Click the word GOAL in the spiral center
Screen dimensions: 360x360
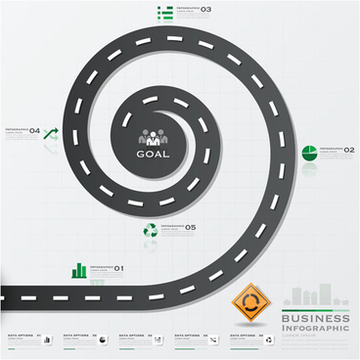(153, 154)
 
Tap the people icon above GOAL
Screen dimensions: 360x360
(153, 138)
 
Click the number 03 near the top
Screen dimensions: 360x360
(205, 10)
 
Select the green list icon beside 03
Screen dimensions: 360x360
(165, 11)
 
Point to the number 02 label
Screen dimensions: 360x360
(349, 150)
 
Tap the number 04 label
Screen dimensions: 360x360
(34, 130)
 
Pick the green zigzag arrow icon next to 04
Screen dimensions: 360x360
(52, 132)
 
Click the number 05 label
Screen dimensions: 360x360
(191, 227)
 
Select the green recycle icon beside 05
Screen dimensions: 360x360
(150, 230)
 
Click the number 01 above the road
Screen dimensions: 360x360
(118, 268)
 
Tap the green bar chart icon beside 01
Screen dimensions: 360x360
(78, 269)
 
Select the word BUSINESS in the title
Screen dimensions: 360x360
(315, 319)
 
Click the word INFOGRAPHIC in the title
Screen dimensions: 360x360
(315, 329)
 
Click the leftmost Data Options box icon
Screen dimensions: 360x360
(46, 339)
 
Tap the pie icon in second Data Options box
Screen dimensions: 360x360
(102, 339)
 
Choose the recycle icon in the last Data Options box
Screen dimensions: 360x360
(268, 339)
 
